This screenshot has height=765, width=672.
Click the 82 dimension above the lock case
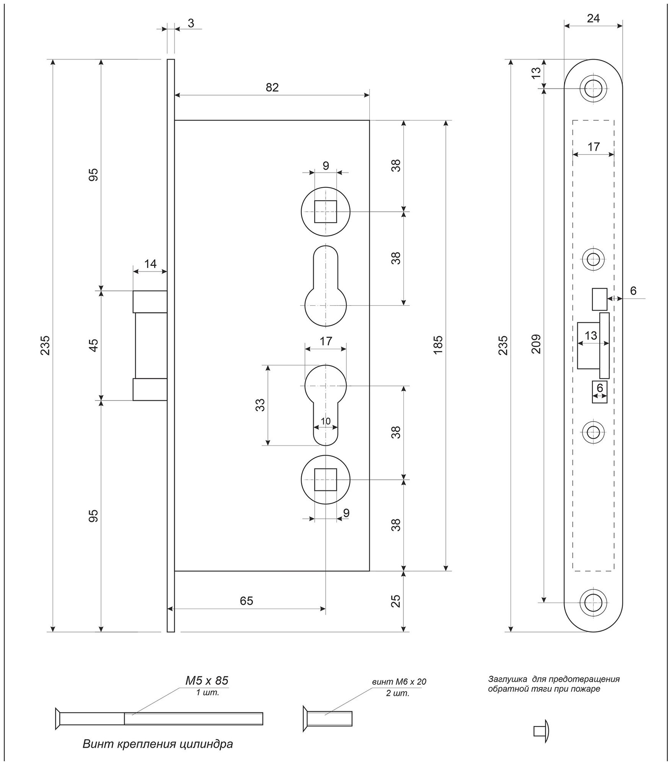(x=272, y=88)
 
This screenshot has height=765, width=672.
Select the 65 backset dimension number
(x=246, y=601)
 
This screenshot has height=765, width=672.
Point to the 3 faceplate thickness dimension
(x=191, y=23)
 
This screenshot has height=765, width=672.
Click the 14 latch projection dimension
(x=150, y=264)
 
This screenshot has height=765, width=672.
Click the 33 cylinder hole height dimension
(x=260, y=405)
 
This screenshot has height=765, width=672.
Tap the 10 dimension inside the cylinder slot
(x=325, y=421)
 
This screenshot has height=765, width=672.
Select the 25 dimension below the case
(x=396, y=601)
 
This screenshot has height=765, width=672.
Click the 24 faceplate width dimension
(x=593, y=18)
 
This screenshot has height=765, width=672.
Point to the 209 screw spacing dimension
(x=537, y=343)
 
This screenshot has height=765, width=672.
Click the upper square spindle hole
(x=325, y=212)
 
